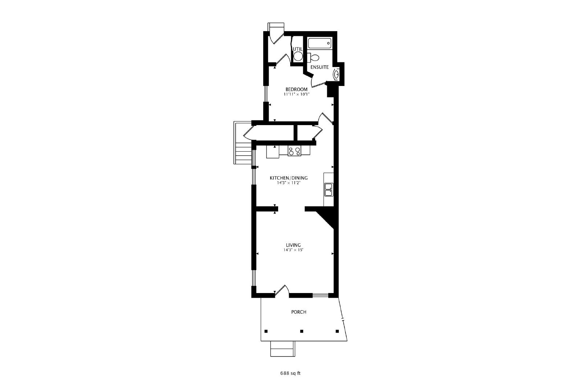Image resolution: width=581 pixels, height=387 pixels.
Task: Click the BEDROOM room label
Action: (296, 89)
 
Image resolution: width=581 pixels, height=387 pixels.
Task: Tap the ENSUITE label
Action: (320, 67)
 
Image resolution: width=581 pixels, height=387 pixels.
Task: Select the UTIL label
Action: (298, 49)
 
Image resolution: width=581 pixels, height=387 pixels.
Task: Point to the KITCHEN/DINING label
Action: (289, 178)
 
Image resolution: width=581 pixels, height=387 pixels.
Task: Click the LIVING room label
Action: (293, 245)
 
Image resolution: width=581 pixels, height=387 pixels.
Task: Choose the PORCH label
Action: (299, 312)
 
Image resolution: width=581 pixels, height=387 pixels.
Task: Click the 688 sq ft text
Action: (290, 373)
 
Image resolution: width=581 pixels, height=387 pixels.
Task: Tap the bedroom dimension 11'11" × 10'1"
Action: (297, 95)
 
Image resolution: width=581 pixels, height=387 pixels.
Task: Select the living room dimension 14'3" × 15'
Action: (293, 250)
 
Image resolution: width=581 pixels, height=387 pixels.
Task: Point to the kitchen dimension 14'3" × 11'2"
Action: (289, 183)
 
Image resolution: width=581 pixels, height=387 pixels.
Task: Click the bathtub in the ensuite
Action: (319, 43)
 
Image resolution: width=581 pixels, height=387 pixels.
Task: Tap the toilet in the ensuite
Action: (313, 57)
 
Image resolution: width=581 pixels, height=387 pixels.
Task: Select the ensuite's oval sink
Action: (336, 75)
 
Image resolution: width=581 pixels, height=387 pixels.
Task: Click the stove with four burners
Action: (294, 151)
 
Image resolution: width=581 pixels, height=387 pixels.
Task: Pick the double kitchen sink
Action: (329, 190)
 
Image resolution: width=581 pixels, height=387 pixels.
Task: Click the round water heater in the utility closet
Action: (298, 56)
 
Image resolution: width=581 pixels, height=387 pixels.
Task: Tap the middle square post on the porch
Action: (302, 331)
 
